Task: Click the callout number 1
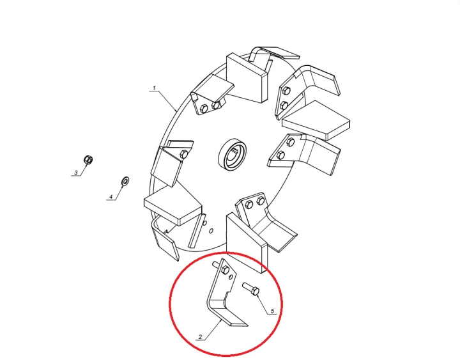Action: point(154,88)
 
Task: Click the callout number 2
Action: point(201,337)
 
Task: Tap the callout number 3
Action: point(76,173)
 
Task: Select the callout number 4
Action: point(111,197)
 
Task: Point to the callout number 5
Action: point(272,311)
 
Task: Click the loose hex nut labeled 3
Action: point(88,160)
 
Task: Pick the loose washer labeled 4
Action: point(126,181)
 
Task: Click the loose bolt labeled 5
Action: point(251,288)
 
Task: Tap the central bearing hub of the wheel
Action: point(233,153)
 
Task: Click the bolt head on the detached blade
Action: point(226,270)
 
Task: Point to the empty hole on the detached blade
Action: point(231,278)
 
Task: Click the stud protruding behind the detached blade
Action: point(216,265)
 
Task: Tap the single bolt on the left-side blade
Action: point(184,154)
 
